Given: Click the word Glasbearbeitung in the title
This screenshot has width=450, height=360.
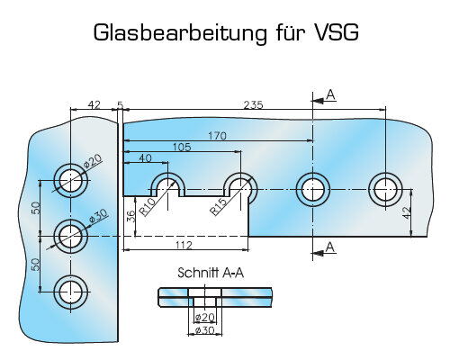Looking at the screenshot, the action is [180, 32].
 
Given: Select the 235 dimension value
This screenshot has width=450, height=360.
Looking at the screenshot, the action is [253, 105].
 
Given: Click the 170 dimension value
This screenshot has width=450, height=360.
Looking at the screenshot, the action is [217, 136].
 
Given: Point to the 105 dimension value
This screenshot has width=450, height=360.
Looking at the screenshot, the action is [182, 147].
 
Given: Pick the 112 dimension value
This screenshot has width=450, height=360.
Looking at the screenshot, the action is [184, 246].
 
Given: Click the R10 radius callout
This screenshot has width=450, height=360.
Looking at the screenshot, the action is [148, 207].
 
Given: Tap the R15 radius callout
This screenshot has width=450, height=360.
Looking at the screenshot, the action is [218, 207].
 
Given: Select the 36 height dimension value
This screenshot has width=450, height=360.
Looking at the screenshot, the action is [130, 216].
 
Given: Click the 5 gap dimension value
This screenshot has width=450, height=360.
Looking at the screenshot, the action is [120, 105].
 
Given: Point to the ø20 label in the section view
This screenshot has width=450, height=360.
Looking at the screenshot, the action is [204, 317].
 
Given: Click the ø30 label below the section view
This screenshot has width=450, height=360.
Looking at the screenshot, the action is [204, 330].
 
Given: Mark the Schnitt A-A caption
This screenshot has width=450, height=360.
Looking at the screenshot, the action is [211, 273].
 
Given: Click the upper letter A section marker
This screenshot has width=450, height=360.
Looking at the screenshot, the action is [330, 94].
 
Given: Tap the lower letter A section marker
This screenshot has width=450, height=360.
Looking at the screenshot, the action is [330, 247].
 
